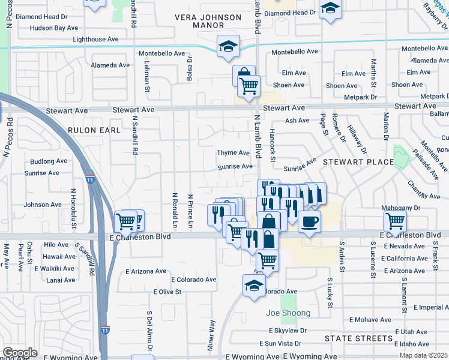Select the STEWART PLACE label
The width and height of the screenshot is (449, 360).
pos(358,162)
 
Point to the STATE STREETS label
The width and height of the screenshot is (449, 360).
pos(358,338)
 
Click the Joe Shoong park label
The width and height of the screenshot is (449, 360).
pos(288,313)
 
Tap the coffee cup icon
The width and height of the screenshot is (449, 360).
pos(309,222)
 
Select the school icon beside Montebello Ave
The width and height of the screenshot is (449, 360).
pos(228,46)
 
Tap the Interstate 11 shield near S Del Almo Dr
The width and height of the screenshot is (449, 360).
pos(106,330)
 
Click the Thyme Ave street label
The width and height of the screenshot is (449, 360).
pos(233,153)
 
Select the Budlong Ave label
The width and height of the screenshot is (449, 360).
pos(49,161)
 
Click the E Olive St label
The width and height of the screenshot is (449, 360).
pos(167,292)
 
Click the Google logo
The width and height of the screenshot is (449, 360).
pos(20,353)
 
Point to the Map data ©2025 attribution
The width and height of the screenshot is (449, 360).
pos(424,355)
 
